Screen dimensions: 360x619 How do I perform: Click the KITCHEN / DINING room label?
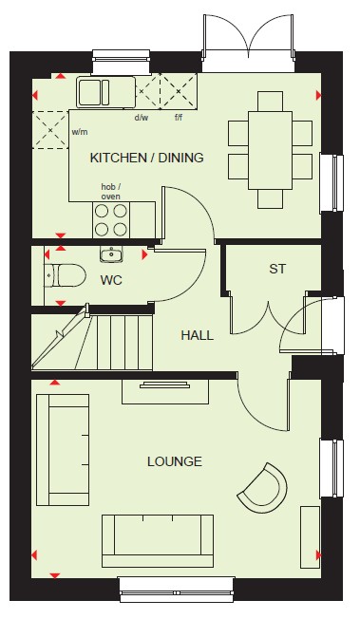tap(147, 158)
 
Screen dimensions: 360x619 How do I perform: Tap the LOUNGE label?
tap(175, 461)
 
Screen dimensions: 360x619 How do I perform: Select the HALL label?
tap(197, 335)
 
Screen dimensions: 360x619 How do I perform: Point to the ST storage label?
tap(277, 269)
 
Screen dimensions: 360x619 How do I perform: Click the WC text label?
tap(111, 280)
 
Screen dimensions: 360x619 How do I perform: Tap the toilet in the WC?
tap(66, 275)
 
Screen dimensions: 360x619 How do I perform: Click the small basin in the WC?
tap(110, 253)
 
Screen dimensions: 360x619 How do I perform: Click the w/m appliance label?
tap(80, 132)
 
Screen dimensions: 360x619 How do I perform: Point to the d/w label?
tap(142, 117)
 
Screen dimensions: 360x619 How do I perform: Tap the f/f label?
tap(179, 117)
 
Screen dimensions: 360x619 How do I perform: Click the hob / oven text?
tap(110, 192)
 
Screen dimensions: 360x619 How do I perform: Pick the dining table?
tap(271, 150)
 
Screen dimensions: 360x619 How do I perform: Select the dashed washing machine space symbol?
tap(50, 130)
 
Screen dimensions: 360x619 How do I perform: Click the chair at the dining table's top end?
tap(271, 102)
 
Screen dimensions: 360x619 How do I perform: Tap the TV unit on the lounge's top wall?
tap(164, 391)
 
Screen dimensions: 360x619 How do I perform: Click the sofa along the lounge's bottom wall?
tap(158, 541)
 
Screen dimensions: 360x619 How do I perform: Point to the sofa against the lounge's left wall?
tap(63, 450)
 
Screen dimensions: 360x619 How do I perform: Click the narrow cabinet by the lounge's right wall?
tap(311, 537)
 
